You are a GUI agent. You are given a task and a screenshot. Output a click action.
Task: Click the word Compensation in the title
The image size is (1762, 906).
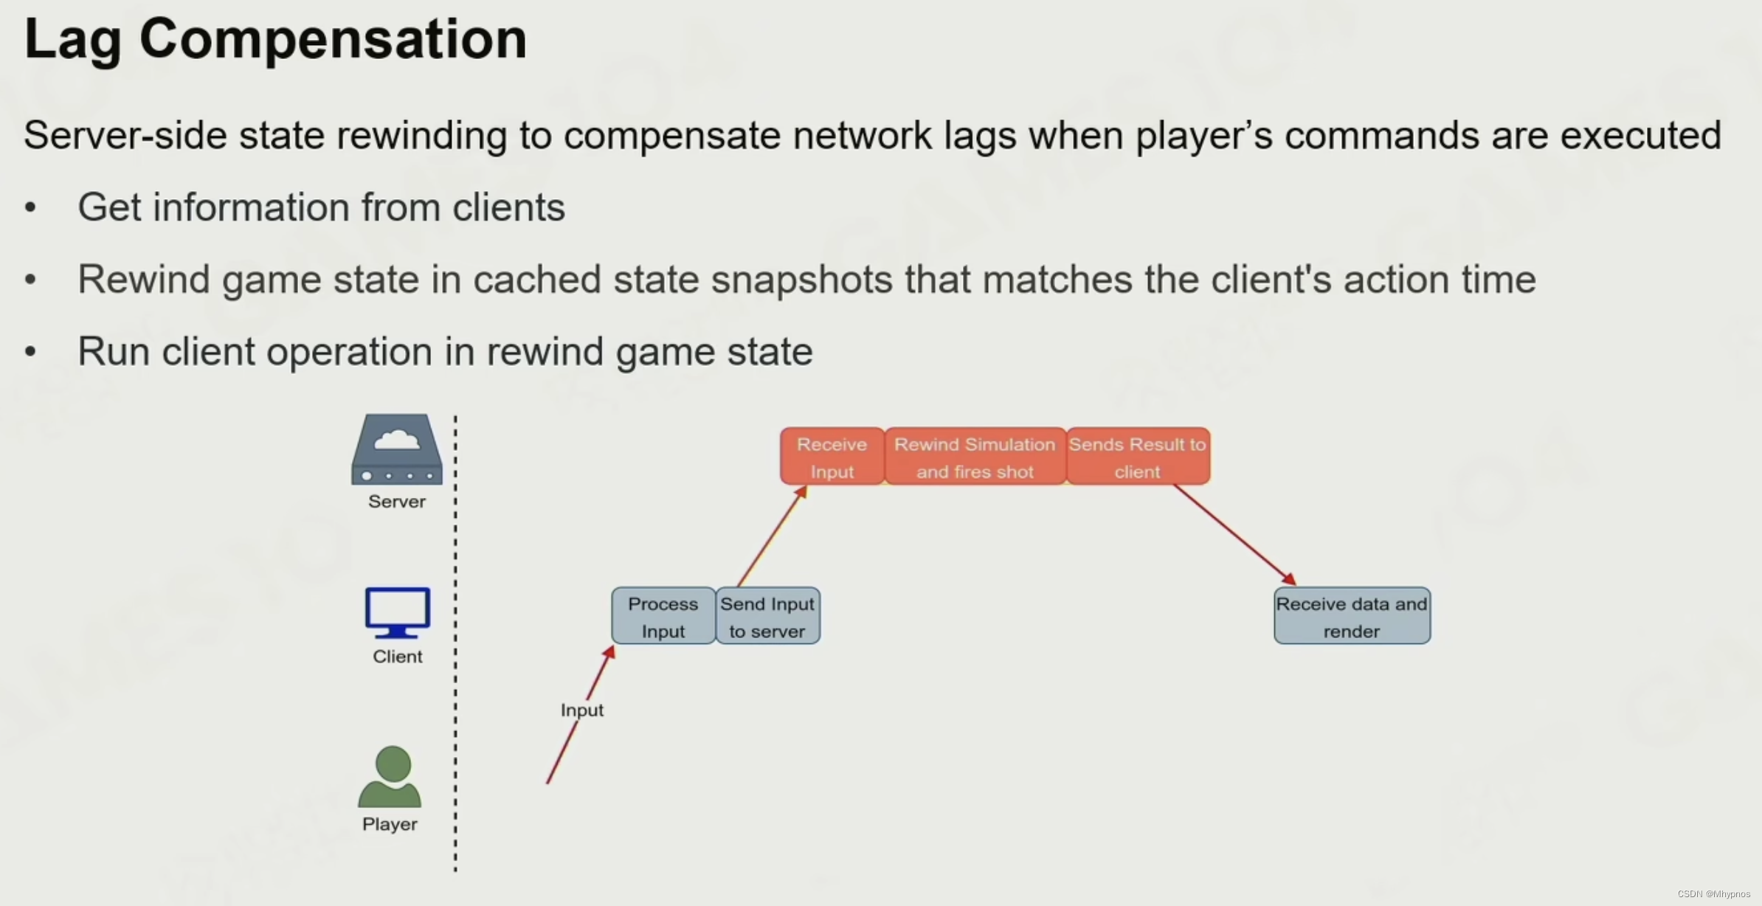[333, 39]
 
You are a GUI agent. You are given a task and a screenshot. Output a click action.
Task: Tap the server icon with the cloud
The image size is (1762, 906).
[397, 449]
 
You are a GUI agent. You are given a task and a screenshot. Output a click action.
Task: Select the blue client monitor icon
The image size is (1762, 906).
[398, 612]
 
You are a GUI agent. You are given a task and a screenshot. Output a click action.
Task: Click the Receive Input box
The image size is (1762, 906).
[832, 457]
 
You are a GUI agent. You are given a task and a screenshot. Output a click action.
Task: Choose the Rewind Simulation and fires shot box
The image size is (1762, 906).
[975, 457]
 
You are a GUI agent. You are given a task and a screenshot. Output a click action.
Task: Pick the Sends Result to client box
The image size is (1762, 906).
[1137, 457]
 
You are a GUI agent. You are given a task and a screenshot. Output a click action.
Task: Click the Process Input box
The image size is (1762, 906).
[663, 617]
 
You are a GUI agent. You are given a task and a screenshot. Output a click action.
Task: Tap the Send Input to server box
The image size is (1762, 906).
[767, 617]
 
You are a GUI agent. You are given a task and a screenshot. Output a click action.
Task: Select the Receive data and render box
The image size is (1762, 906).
[1351, 617]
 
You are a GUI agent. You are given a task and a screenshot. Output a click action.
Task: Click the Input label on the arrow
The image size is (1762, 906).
[581, 710]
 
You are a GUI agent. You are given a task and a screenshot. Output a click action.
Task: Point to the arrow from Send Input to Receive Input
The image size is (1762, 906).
[771, 536]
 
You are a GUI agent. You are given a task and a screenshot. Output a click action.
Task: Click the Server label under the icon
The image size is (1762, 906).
[397, 502]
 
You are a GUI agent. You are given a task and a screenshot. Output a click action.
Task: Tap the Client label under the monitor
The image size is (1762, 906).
[398, 657]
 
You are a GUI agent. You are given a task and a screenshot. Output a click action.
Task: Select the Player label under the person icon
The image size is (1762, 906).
[390, 824]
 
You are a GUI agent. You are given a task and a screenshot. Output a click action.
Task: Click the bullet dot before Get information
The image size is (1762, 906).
[30, 207]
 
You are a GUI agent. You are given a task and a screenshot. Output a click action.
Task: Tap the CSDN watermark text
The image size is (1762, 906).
[1713, 894]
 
